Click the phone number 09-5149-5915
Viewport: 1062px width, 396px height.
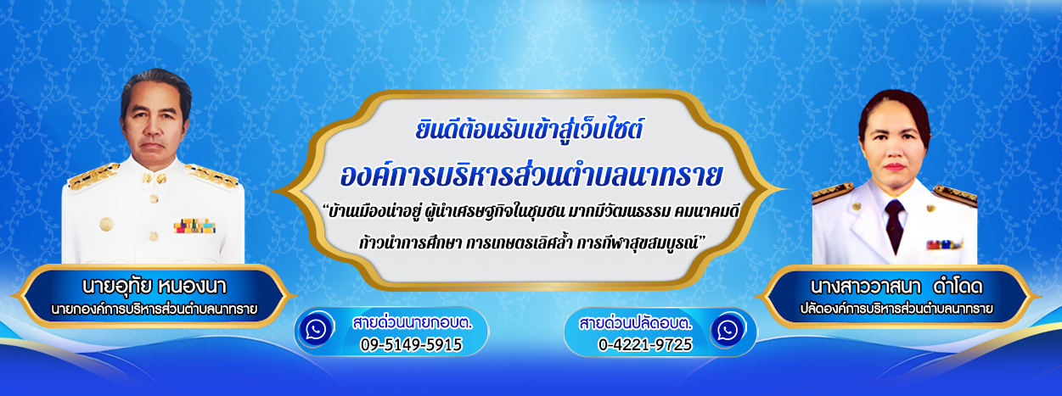411,344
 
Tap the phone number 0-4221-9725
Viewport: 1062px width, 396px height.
645,344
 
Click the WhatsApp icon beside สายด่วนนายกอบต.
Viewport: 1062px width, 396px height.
316,329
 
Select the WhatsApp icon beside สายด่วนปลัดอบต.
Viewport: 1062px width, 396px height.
728,330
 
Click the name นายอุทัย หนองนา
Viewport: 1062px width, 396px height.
155,286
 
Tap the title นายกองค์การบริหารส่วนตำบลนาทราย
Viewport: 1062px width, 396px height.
155,310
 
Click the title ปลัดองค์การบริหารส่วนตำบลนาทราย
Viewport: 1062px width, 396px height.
896,309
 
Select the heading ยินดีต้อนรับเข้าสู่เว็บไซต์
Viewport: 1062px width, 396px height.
529,129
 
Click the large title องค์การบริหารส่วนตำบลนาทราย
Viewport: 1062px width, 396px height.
531,175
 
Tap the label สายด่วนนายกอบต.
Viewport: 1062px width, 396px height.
412,322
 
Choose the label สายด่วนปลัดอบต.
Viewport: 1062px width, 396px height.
635,324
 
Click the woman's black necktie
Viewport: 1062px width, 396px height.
894,225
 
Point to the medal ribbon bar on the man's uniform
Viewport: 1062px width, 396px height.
194,226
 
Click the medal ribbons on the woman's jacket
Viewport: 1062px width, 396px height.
943,244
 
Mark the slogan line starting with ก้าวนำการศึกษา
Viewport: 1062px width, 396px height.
532,243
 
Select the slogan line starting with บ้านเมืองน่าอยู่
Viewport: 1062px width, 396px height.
531,211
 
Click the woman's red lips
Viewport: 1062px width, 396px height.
894,167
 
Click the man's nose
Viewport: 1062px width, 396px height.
153,129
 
